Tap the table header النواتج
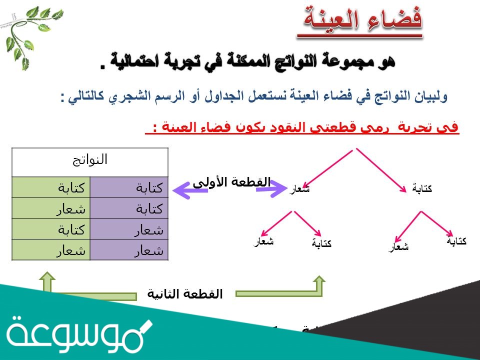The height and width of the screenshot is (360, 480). (x=90, y=160)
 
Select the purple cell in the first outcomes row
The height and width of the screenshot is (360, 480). (x=129, y=188)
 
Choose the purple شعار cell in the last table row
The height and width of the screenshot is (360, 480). (x=129, y=250)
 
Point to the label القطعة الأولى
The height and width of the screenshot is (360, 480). (x=231, y=182)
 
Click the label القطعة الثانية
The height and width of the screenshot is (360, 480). (x=185, y=293)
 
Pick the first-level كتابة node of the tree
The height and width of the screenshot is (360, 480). (x=422, y=188)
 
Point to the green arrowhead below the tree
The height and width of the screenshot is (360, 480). (x=319, y=283)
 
